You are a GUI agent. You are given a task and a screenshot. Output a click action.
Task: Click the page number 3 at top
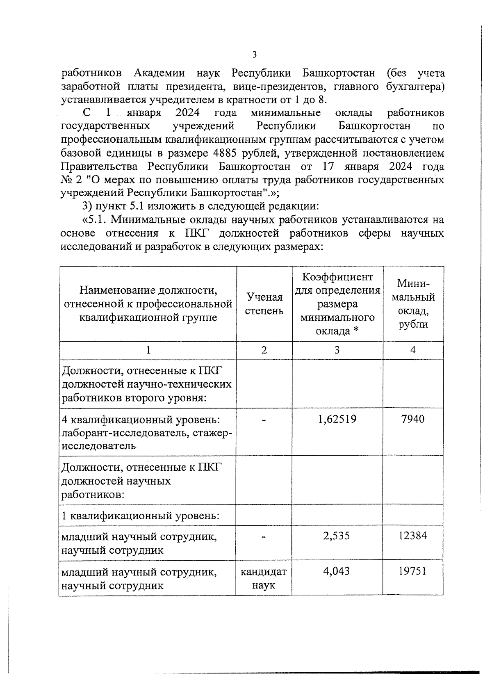[x=254, y=55]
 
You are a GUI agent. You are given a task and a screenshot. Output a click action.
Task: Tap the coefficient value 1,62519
[x=337, y=419]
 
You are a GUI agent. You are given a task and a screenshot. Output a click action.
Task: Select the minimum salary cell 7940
[x=413, y=419]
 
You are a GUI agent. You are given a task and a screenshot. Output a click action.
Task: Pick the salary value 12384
[x=413, y=536]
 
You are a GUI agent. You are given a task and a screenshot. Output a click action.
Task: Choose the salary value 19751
[x=413, y=571]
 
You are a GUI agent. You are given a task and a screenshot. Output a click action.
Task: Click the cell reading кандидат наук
[x=264, y=578]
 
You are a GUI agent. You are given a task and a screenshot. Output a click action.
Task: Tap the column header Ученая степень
[x=264, y=304]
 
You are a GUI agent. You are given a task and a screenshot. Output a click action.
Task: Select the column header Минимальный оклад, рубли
[x=413, y=304]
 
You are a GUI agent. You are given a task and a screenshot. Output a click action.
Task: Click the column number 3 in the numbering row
[x=337, y=350]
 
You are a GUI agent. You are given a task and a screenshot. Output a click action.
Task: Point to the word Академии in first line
[x=159, y=73]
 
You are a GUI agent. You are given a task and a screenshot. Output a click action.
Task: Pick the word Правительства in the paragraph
[x=101, y=167]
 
